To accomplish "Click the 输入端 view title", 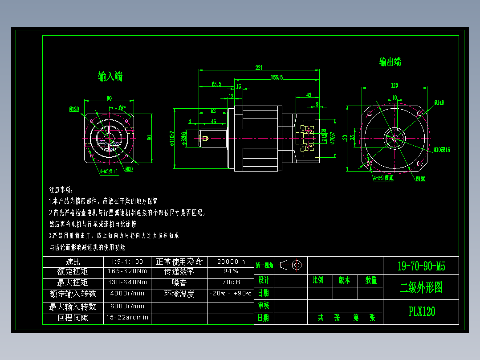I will tap(110, 77).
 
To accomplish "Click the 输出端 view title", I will tap(390, 62).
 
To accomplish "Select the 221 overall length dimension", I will tap(259, 68).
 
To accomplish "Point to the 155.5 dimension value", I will tap(277, 78).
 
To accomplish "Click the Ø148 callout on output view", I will tap(439, 102).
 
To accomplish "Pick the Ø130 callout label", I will tap(420, 179).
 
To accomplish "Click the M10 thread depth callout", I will tap(442, 150).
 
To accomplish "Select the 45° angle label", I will tap(122, 108).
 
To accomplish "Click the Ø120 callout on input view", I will tap(74, 109).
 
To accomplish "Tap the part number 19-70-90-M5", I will tap(421, 266).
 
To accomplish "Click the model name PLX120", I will tap(422, 311).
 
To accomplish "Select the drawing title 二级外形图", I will tap(421, 288).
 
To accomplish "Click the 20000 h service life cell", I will tap(231, 262).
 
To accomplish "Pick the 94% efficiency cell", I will tap(231, 271).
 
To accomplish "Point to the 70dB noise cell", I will tap(231, 282).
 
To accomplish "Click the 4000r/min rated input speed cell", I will tap(127, 294).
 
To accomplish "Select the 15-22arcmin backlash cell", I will tap(127, 318).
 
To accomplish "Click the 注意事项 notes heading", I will tap(64, 189).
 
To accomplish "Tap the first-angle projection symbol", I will tap(291, 265).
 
